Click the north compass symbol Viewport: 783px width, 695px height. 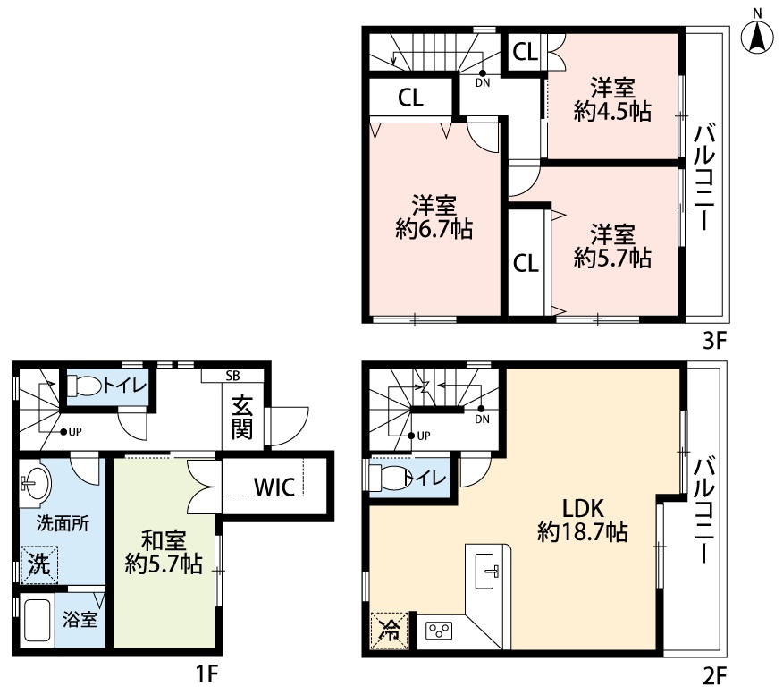click(758, 36)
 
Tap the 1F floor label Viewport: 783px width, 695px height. click(206, 674)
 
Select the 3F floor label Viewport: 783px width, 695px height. click(713, 342)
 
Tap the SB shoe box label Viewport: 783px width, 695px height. click(232, 376)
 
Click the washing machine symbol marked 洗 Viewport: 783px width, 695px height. click(39, 564)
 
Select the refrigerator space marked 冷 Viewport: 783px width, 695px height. click(390, 631)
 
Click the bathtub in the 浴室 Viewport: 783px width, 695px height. click(37, 620)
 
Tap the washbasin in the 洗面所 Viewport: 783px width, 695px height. click(35, 481)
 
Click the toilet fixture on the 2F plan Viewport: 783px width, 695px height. click(388, 478)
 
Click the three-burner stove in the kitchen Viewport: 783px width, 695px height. click(439, 631)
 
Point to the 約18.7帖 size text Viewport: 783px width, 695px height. click(582, 531)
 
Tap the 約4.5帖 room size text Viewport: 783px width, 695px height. click(612, 111)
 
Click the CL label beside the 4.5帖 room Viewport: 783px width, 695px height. click(526, 51)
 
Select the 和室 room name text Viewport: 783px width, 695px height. click(164, 540)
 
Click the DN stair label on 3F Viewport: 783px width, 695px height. click(483, 83)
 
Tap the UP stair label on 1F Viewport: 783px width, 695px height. click(75, 432)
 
